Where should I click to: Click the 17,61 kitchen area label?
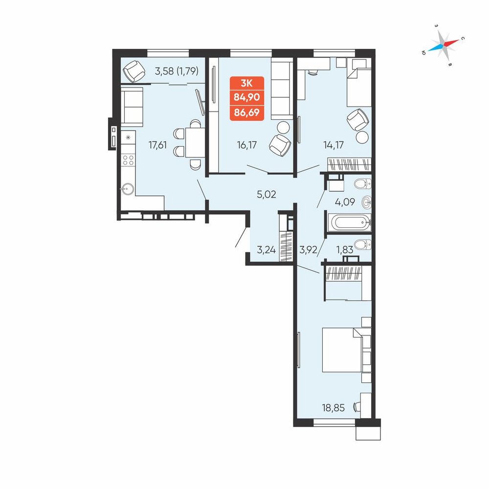coord(157,145)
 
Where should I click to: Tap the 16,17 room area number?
coord(246,145)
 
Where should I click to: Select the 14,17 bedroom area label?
coord(333,145)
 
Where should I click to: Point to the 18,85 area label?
coord(333,408)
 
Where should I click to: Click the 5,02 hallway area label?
coord(267,194)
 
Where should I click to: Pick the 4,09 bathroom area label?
coord(345,202)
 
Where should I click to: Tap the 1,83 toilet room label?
coord(344,249)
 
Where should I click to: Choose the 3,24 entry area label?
coord(267,249)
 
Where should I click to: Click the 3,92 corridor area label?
coord(308,249)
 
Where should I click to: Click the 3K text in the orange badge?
coord(246,83)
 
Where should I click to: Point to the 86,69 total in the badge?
coord(246,112)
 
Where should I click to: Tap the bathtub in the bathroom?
coord(351,222)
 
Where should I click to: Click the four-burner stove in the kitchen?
coord(128,160)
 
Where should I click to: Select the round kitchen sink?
coord(128,189)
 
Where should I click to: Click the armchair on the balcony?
coord(134,71)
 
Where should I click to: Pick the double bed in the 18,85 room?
coord(347,350)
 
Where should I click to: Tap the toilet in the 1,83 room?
coord(363,244)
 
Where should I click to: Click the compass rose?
coord(443,45)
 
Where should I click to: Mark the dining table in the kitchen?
coord(195,142)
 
